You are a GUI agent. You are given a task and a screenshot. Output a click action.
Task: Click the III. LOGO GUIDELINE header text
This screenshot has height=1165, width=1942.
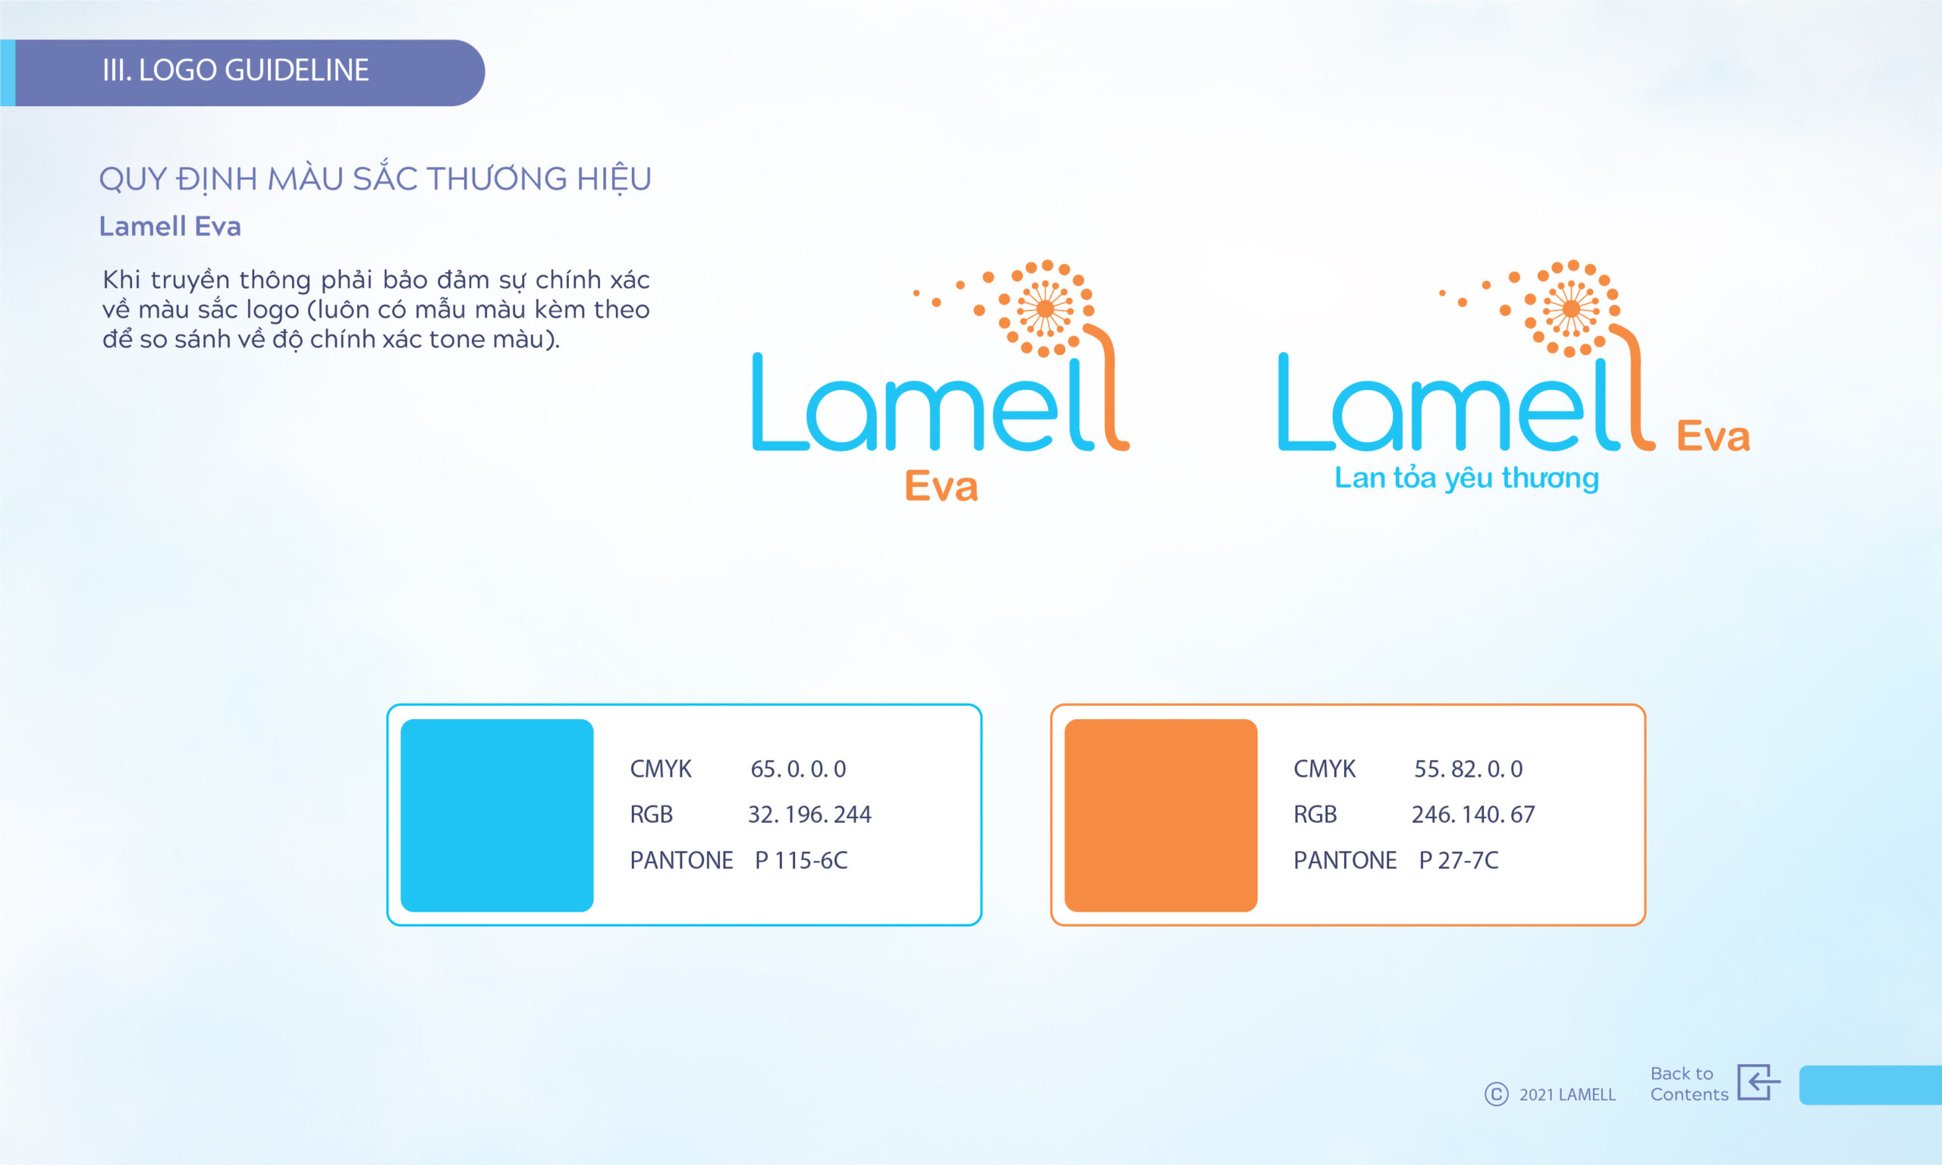point(235,71)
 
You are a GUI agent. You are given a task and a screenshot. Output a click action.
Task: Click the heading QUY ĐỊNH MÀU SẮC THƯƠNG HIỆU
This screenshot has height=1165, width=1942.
point(376,179)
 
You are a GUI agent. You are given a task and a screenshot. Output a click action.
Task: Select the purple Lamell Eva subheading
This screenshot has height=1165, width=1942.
point(170,226)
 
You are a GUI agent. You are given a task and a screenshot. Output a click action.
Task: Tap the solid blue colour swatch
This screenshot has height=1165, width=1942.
point(497,815)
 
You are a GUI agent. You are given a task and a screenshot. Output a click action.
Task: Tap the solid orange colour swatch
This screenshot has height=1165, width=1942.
point(1161,815)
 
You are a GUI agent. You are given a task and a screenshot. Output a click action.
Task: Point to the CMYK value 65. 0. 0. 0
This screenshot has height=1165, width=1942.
point(798,768)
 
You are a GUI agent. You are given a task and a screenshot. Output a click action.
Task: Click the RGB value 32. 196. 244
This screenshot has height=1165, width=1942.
point(809,814)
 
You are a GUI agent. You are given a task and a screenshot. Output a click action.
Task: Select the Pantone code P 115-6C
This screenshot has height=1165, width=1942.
point(800,860)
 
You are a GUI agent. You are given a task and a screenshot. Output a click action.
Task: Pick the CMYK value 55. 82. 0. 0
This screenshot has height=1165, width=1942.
point(1468,768)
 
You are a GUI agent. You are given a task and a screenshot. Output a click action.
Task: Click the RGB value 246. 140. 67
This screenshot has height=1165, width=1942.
point(1473,814)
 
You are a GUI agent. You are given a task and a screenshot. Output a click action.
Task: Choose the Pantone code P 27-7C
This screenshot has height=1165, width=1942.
point(1459,860)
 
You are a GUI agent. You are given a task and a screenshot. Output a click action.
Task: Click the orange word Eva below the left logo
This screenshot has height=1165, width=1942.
point(941,485)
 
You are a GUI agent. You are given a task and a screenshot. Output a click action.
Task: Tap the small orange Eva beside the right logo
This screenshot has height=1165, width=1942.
point(1713,436)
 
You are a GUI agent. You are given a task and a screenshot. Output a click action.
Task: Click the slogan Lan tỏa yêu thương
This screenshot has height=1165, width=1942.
point(1466,478)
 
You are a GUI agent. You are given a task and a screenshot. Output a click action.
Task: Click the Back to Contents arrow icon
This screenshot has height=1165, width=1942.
point(1758,1082)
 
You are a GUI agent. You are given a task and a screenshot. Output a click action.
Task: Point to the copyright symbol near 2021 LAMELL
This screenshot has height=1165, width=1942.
point(1496,1094)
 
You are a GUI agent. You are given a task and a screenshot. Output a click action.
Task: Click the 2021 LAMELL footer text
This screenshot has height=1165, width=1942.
point(1567,1094)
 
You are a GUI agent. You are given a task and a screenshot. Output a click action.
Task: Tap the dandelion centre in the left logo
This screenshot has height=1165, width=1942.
point(1045,309)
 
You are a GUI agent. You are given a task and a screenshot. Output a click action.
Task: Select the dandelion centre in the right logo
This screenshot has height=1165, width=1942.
point(1571,309)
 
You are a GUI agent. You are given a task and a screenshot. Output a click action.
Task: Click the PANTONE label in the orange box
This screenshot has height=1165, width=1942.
point(1345,860)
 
